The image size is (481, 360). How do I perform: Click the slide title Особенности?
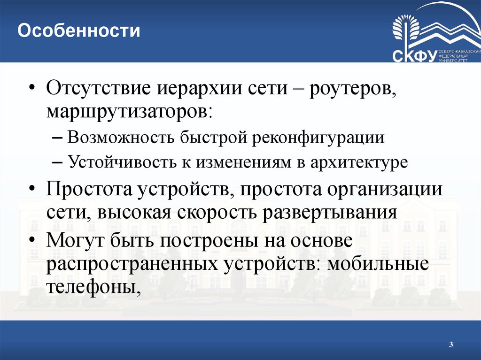(79, 31)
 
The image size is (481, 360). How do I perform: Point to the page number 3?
(450, 345)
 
